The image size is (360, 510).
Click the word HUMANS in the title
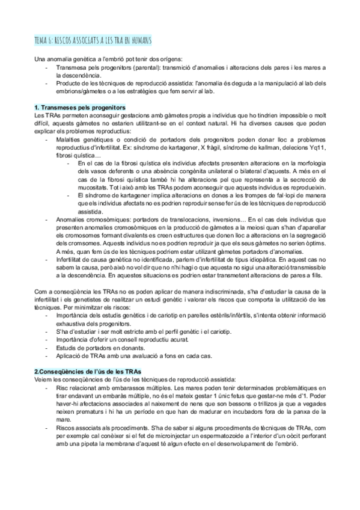[x=139, y=40]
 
